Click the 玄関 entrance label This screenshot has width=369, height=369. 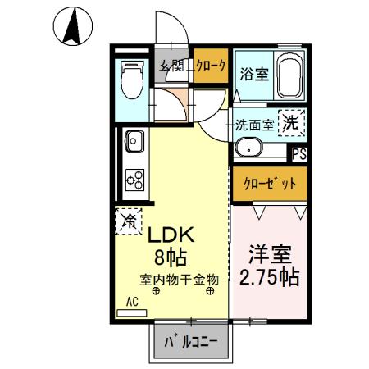169,66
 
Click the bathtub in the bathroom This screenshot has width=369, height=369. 289,76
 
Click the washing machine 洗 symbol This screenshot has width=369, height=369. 291,124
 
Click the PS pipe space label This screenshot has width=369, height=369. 298,153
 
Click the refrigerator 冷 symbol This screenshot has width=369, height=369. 128,221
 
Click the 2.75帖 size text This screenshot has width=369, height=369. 267,276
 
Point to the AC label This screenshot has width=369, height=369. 131,301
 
